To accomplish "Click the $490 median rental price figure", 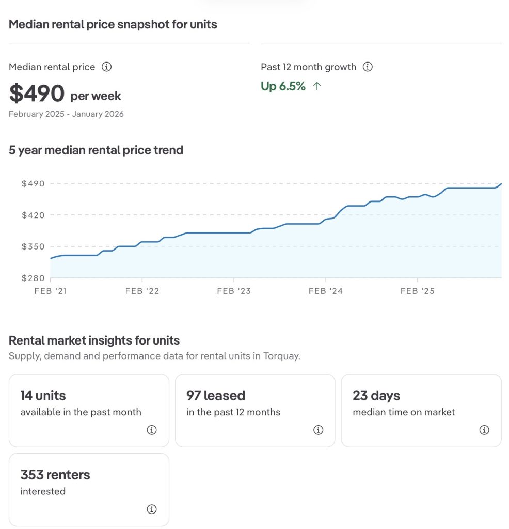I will [x=37, y=94].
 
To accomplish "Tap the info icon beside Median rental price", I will [x=106, y=67].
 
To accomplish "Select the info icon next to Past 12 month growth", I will [x=368, y=67].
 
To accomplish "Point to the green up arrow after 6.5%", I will [x=317, y=86].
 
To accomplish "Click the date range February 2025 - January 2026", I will [x=66, y=114].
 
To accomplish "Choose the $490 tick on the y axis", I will [x=33, y=183].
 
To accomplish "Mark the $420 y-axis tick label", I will [x=33, y=215].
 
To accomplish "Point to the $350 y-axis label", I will [x=33, y=246].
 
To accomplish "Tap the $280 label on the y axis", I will [x=33, y=278].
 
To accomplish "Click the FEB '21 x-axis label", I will [x=51, y=291].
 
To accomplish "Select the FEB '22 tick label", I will [x=142, y=291].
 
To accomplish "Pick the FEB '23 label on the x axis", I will [x=234, y=291].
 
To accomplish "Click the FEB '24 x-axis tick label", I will [x=325, y=291].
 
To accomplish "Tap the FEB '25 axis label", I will [x=417, y=291].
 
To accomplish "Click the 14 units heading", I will [x=43, y=396].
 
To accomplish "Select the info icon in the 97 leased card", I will [x=318, y=430].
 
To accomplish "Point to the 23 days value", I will [x=376, y=396].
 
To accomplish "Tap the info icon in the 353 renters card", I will [x=152, y=509].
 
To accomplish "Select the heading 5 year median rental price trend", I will [x=96, y=150].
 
